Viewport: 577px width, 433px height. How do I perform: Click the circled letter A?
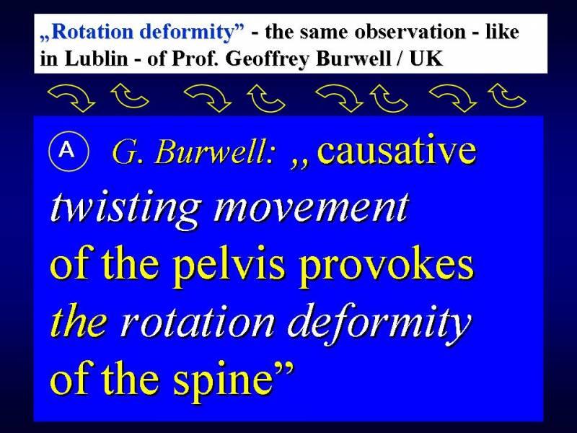coord(69,150)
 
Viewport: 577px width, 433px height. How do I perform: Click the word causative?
coord(396,150)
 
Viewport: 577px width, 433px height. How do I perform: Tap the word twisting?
coord(125,209)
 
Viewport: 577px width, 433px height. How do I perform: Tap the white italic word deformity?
coord(379,324)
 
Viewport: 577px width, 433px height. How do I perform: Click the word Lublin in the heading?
coord(96,58)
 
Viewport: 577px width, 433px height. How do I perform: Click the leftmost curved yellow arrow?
coord(71,97)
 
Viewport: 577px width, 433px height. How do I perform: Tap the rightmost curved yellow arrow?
coord(507,95)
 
